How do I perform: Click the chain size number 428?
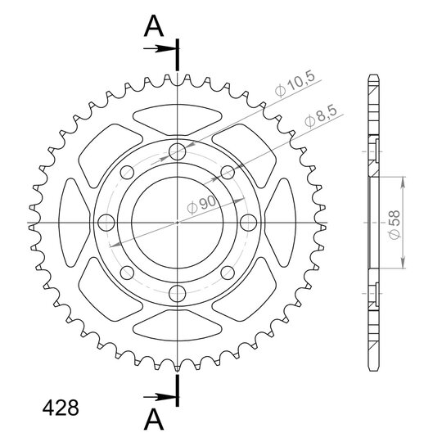(61, 408)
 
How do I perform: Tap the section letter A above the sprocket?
(154, 26)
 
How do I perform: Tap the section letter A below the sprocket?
(154, 419)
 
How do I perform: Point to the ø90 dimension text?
(201, 205)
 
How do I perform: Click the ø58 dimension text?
(395, 224)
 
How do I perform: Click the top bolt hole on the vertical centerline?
(178, 151)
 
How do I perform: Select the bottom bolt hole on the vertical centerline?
(178, 294)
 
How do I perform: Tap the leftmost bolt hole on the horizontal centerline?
(106, 223)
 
